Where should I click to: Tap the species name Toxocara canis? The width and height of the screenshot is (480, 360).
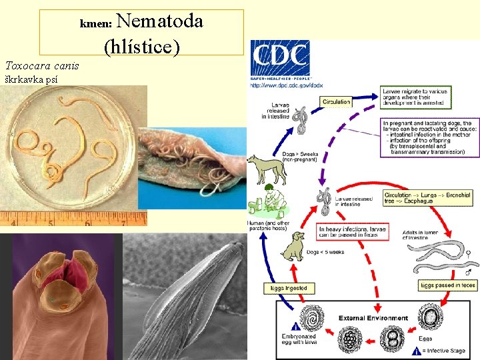click(42, 65)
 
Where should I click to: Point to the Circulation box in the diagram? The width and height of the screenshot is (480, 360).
click(337, 102)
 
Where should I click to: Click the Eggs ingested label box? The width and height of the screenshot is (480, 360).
click(289, 288)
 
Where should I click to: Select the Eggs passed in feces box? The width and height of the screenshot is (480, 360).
click(448, 285)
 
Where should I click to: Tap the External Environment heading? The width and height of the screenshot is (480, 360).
click(373, 318)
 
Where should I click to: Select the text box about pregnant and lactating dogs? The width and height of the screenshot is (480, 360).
click(430, 138)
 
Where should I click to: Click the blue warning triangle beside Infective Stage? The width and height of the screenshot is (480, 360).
click(417, 351)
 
